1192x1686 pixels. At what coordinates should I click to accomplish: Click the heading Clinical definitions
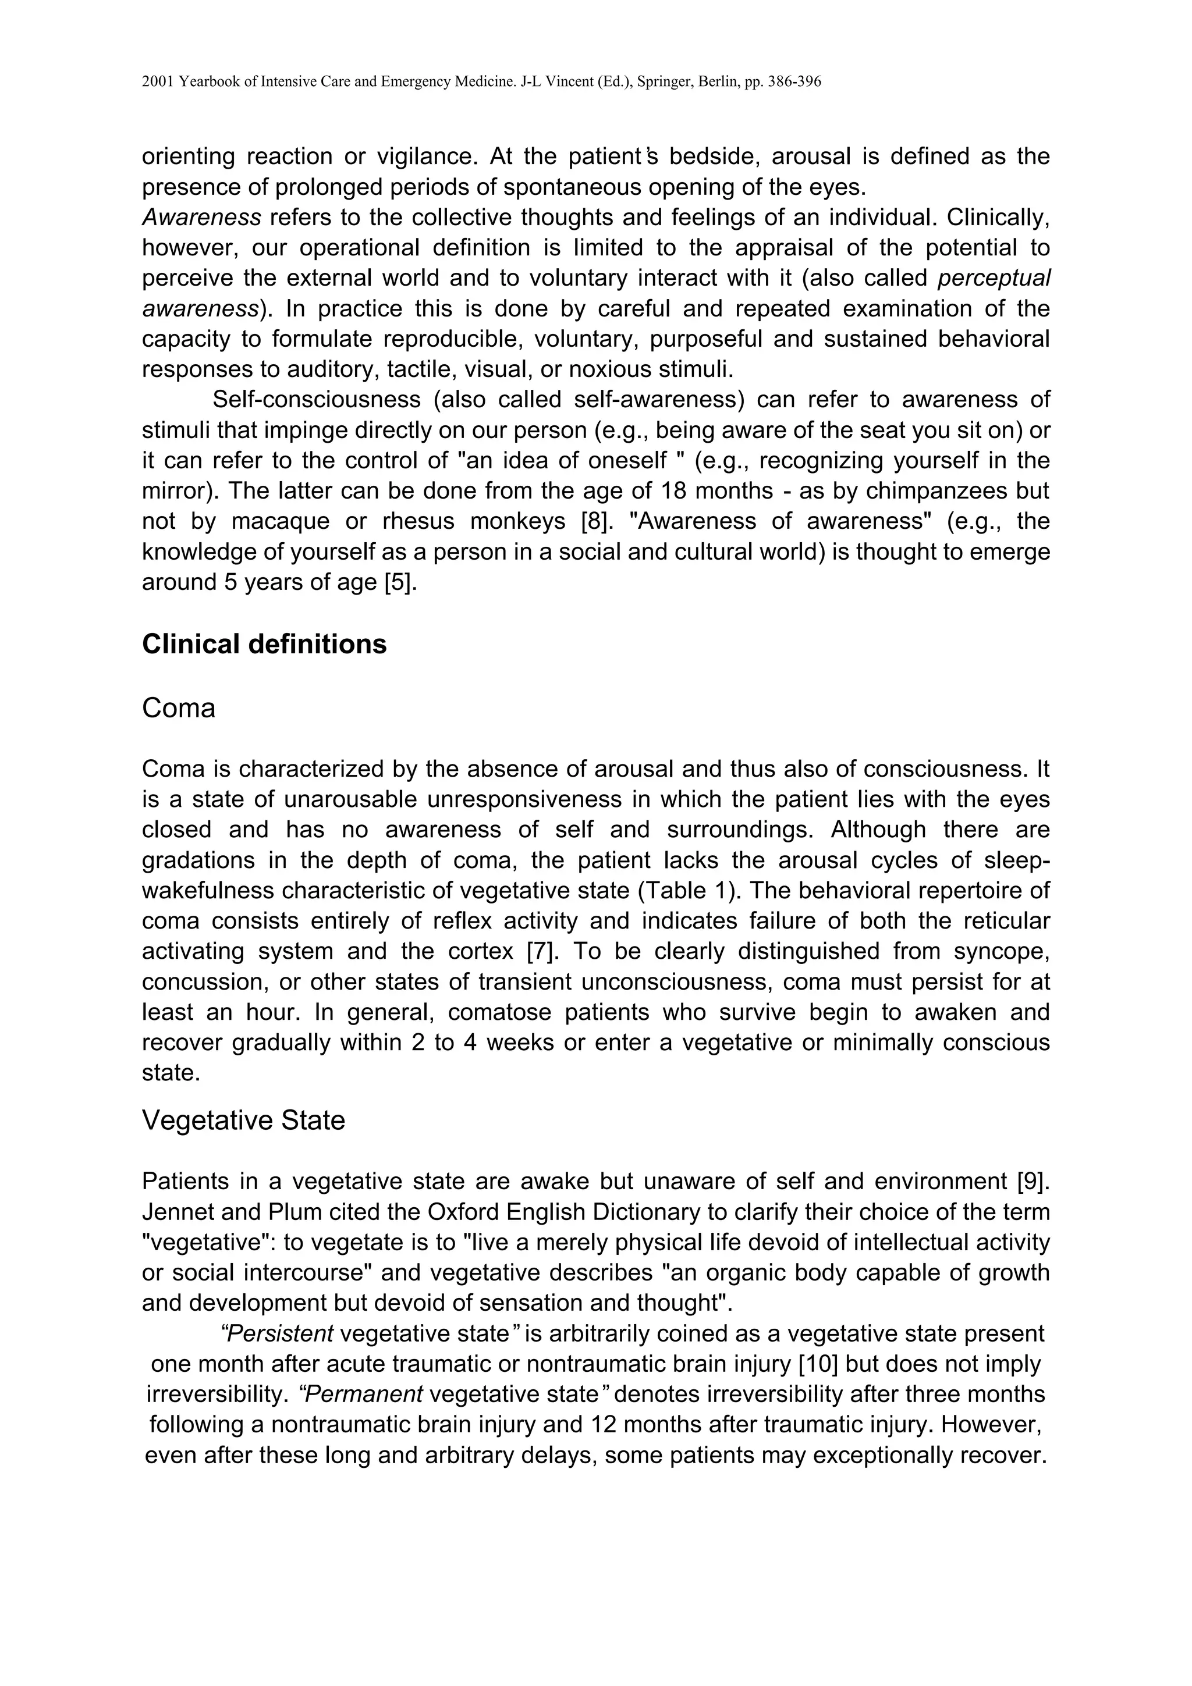point(264,644)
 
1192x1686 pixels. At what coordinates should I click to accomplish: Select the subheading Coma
point(179,709)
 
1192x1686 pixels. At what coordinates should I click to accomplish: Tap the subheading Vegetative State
point(243,1121)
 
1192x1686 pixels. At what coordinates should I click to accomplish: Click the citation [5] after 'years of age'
point(400,582)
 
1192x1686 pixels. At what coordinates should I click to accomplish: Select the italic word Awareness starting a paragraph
point(201,218)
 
